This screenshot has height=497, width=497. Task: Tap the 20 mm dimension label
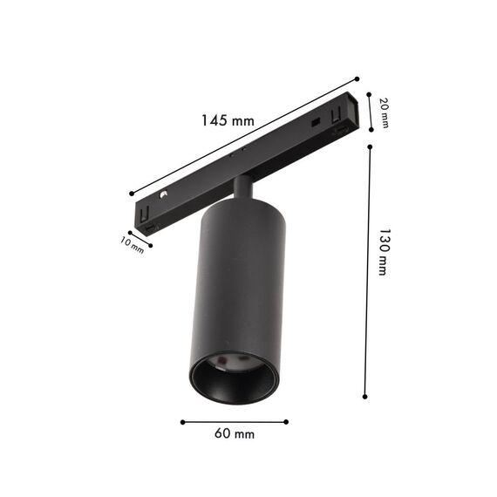coord(384,112)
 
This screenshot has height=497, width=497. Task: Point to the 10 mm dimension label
coord(133,245)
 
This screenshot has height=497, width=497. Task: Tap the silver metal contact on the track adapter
coord(163,194)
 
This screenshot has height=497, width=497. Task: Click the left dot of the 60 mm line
coord(182,422)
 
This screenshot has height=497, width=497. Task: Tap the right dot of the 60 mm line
coord(286,422)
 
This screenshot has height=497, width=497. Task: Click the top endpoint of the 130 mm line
coord(370,146)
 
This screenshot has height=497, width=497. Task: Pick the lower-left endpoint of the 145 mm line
coord(131,194)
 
